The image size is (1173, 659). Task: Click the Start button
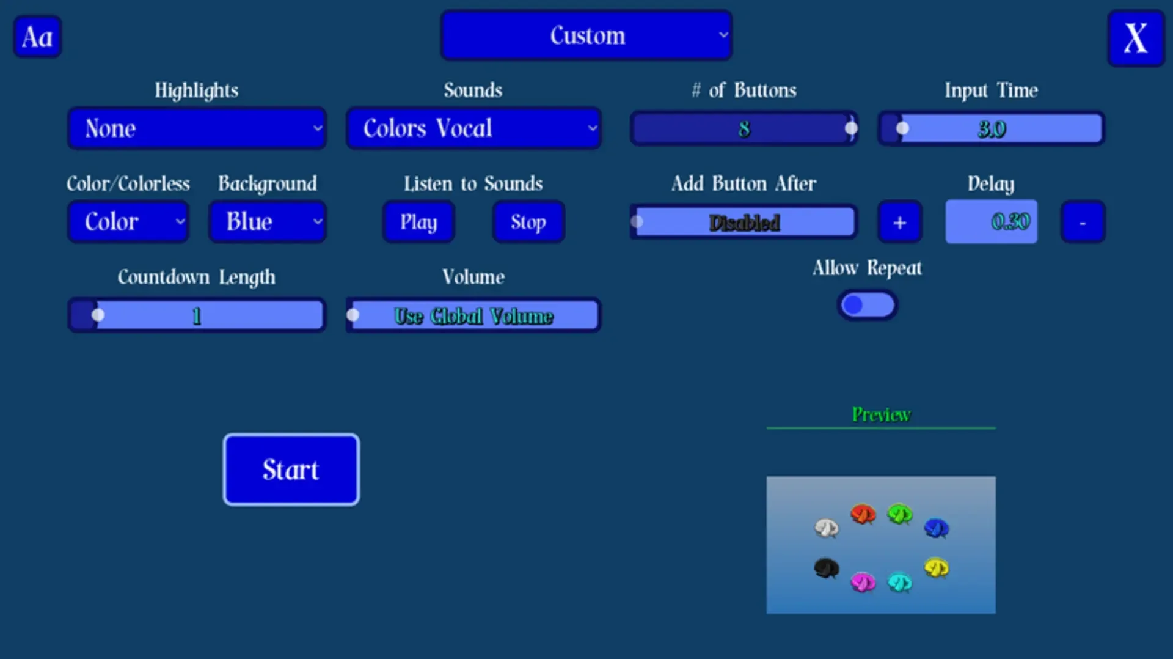tap(291, 469)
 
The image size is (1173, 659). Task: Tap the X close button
tap(1136, 38)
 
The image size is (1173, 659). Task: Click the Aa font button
tap(37, 37)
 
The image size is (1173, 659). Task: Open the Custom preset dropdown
tap(586, 35)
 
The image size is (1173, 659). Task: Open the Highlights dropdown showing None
tap(197, 128)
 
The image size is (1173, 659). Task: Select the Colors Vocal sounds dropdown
tap(473, 128)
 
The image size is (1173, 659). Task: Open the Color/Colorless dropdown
tap(128, 221)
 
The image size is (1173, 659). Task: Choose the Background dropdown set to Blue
tap(267, 221)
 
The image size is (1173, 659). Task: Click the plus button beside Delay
tap(900, 222)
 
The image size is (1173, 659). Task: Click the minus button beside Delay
tap(1083, 222)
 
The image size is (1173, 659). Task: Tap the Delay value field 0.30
tap(991, 221)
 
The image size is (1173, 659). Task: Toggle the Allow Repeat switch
tap(867, 304)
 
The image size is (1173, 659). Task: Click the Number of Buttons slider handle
tap(851, 128)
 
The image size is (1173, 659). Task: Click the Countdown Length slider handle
tap(98, 315)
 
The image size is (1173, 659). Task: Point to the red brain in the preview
tap(863, 514)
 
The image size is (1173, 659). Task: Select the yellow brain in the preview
tap(936, 568)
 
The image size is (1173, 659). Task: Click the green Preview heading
tap(881, 414)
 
